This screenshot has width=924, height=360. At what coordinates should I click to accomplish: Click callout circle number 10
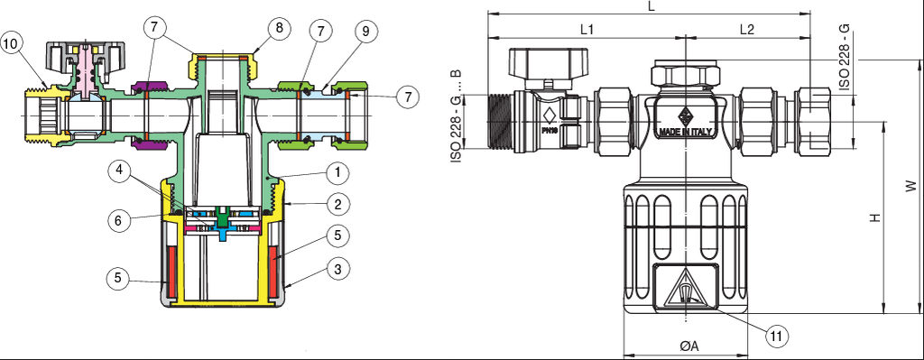pyautogui.click(x=13, y=44)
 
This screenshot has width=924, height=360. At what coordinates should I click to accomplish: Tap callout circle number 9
pyautogui.click(x=365, y=32)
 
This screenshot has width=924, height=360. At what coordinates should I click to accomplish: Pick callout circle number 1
pyautogui.click(x=337, y=173)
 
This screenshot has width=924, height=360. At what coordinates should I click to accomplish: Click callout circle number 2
pyautogui.click(x=337, y=205)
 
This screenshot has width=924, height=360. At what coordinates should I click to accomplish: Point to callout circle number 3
pyautogui.click(x=337, y=269)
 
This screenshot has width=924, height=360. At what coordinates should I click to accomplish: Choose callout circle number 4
pyautogui.click(x=120, y=171)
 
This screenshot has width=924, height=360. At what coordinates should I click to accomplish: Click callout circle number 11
pyautogui.click(x=777, y=336)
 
